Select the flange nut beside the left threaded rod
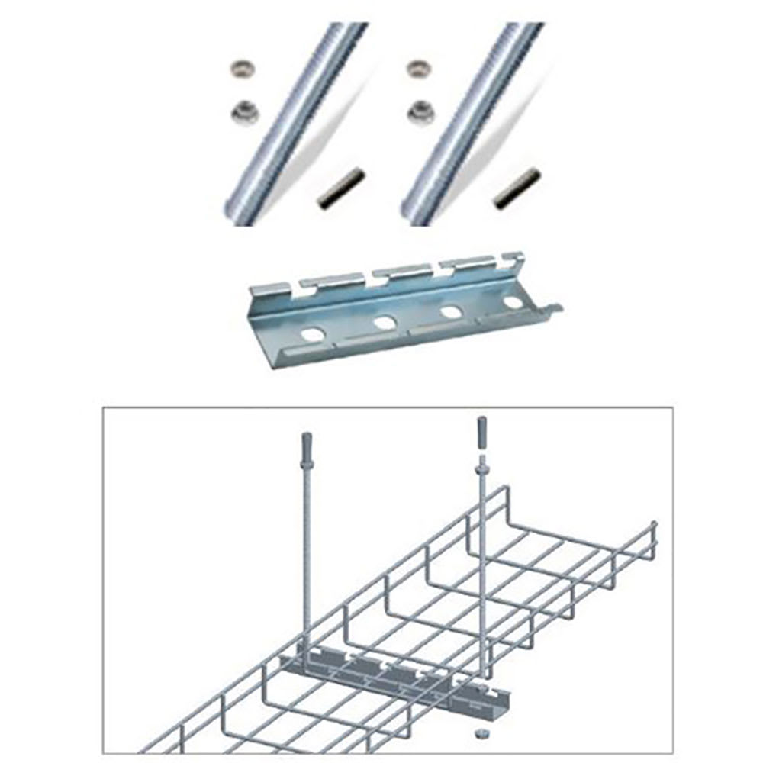(245, 112)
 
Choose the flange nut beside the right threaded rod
(418, 112)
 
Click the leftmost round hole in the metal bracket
(311, 333)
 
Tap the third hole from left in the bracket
(451, 312)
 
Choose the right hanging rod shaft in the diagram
(481, 549)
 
